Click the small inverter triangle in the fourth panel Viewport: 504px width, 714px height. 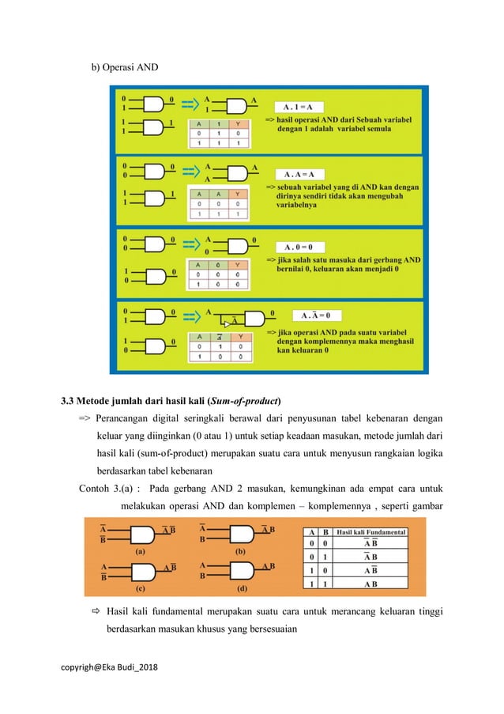point(227,323)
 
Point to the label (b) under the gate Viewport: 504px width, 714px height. point(241,550)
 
